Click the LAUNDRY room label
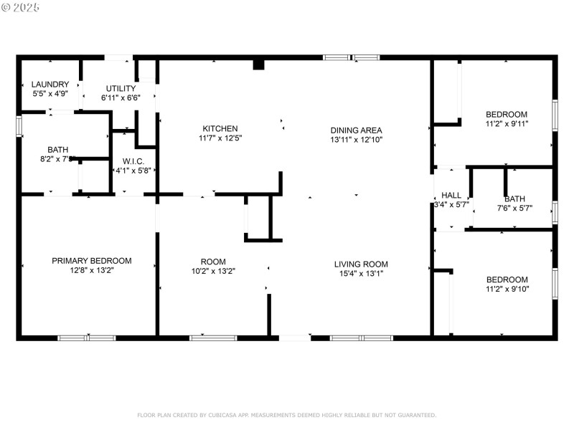tap(50, 84)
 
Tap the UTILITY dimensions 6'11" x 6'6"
tap(121, 97)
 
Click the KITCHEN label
tap(220, 128)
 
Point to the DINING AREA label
tap(356, 130)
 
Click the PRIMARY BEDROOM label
tap(92, 261)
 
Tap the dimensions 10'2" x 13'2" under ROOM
tap(213, 271)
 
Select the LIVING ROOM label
tap(361, 264)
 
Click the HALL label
tap(451, 195)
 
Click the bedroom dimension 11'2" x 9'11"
tap(507, 123)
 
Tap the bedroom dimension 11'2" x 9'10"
tap(507, 289)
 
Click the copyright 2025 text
tap(21, 6)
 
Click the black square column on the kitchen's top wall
tap(259, 64)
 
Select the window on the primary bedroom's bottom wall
tap(86, 338)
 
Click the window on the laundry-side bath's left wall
tap(19, 125)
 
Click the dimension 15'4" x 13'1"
tap(361, 273)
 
